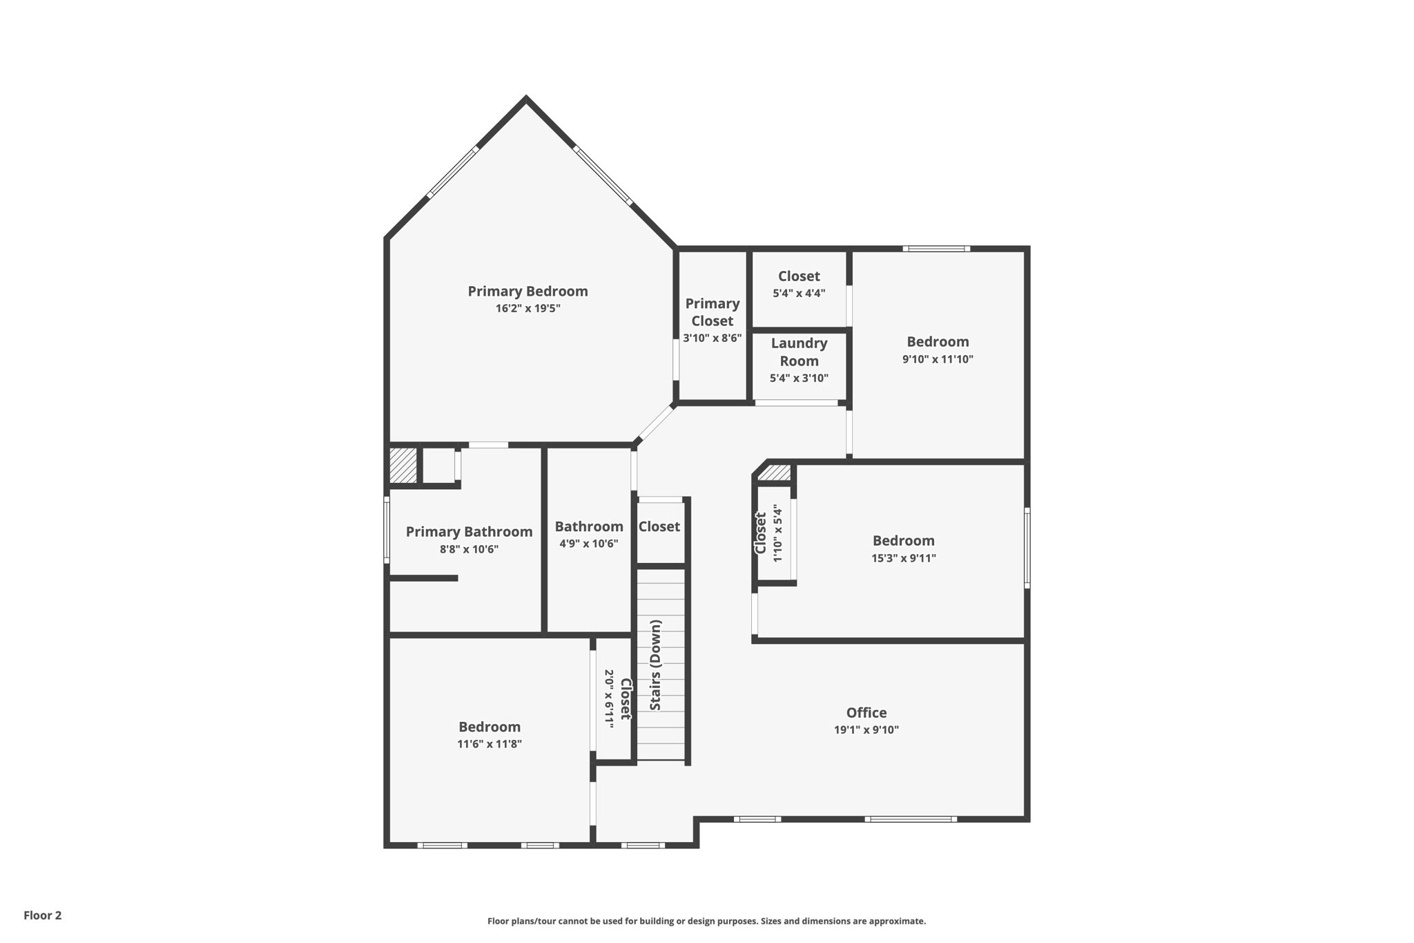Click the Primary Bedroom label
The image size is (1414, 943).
pyautogui.click(x=527, y=292)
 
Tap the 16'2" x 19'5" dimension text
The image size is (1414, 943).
pyautogui.click(x=527, y=309)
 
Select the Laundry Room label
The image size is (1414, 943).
pyautogui.click(x=799, y=352)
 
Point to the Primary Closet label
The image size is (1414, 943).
pyautogui.click(x=712, y=312)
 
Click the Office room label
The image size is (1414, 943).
pyautogui.click(x=866, y=713)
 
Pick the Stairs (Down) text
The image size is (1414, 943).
pyautogui.click(x=656, y=665)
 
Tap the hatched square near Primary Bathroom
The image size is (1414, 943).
pyautogui.click(x=403, y=466)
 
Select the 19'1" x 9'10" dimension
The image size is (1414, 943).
pyautogui.click(x=866, y=730)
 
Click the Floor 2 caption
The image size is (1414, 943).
pyautogui.click(x=43, y=915)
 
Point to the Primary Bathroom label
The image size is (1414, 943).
pyautogui.click(x=469, y=532)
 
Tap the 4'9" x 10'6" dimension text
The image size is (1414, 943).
pyautogui.click(x=588, y=544)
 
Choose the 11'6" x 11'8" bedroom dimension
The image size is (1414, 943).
pyautogui.click(x=489, y=744)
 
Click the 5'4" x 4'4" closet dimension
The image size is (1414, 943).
pyautogui.click(x=799, y=293)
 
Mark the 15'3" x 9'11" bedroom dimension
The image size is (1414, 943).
pyautogui.click(x=903, y=558)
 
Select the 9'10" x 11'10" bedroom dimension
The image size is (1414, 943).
pyautogui.click(x=938, y=359)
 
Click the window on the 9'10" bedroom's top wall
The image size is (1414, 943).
pyautogui.click(x=936, y=249)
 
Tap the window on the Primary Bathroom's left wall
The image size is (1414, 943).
pyautogui.click(x=387, y=530)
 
